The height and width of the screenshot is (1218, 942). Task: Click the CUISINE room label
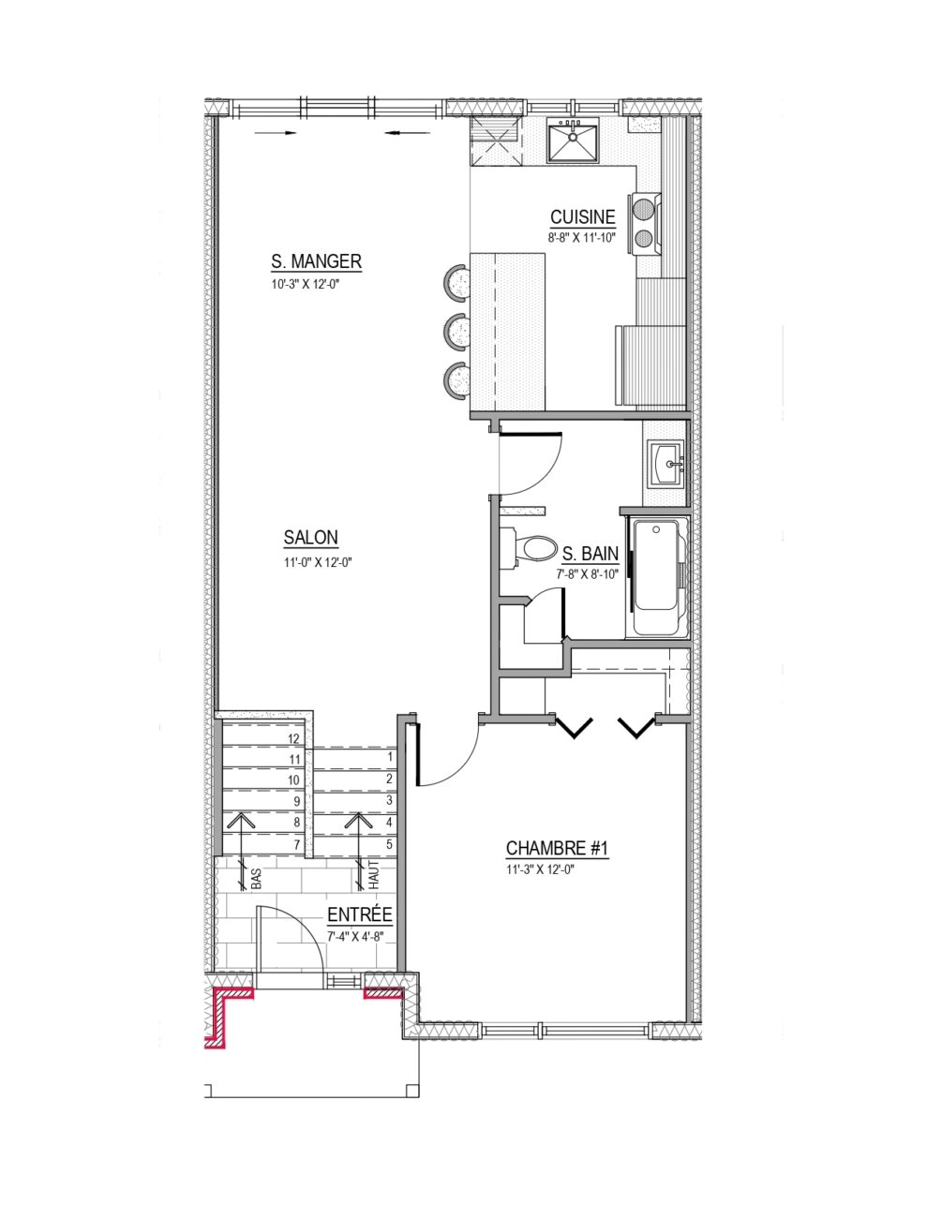[583, 217]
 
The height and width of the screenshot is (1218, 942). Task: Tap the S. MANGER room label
[316, 261]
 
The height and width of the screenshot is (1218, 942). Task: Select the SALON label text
[310, 538]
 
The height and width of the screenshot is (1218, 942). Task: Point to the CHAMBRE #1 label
[557, 848]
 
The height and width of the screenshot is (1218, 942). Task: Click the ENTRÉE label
[359, 914]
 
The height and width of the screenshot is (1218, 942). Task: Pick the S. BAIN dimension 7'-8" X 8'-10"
[587, 574]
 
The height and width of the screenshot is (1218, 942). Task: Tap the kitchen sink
[573, 141]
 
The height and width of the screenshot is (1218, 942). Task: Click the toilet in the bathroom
[528, 547]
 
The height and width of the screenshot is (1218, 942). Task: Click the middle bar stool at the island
[457, 331]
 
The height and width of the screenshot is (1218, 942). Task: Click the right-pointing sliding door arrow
[275, 133]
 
